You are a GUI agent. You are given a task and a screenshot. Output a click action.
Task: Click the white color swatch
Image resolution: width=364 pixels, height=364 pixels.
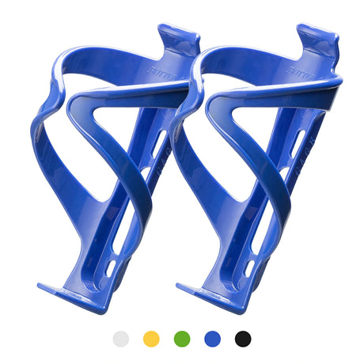tap(121, 339)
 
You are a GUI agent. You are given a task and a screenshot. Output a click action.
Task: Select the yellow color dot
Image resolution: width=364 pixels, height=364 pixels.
tap(151, 339)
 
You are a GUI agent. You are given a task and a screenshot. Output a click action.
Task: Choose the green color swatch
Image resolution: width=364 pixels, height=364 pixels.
tap(182, 339)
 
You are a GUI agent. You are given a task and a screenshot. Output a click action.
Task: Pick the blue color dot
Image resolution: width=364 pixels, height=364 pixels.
tap(212, 339)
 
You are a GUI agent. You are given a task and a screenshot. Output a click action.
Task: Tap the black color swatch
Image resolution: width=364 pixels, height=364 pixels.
tap(242, 339)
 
